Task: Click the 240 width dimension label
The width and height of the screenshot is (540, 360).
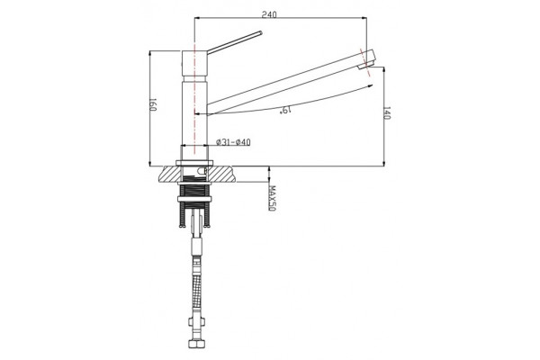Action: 269,14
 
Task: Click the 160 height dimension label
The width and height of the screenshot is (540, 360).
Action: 153,104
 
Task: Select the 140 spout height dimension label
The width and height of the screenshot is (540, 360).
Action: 386,113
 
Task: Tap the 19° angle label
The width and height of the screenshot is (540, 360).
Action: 286,110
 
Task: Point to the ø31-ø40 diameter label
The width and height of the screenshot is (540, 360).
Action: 233,142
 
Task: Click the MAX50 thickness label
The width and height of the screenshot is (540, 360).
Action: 273,199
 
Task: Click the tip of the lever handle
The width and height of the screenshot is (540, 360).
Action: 261,33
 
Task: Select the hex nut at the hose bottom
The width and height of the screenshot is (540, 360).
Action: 196,344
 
